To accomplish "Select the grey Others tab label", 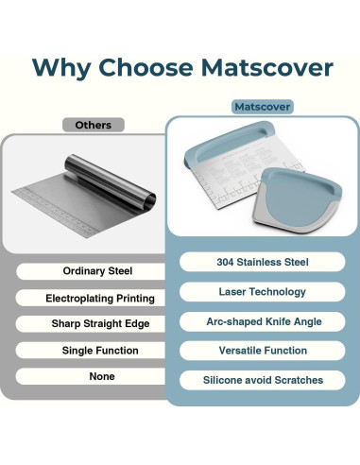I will click(x=93, y=125).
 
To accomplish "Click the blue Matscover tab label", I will click(x=262, y=107).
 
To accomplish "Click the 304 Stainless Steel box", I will click(x=262, y=263).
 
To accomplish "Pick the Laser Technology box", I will click(x=262, y=292).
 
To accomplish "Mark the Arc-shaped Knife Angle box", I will click(x=262, y=321).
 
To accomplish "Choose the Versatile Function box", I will click(x=262, y=351).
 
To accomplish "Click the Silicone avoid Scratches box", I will click(x=262, y=380).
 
